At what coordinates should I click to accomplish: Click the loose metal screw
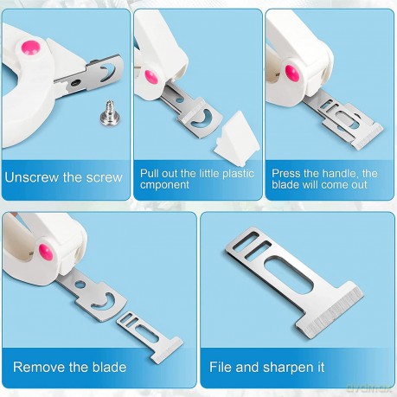tap(109, 113)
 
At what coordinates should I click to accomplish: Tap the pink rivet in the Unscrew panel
tap(30, 48)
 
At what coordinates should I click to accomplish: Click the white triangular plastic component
tap(236, 138)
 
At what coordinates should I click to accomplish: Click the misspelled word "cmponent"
tap(164, 185)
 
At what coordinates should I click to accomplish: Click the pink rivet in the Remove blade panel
tap(46, 252)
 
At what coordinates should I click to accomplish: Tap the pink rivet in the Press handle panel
tap(292, 74)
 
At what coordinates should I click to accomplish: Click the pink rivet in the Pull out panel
tap(151, 77)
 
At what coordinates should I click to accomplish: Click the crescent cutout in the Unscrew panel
tap(107, 72)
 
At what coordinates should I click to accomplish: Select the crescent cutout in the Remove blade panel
tap(104, 302)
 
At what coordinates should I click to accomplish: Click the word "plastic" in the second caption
tap(238, 174)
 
